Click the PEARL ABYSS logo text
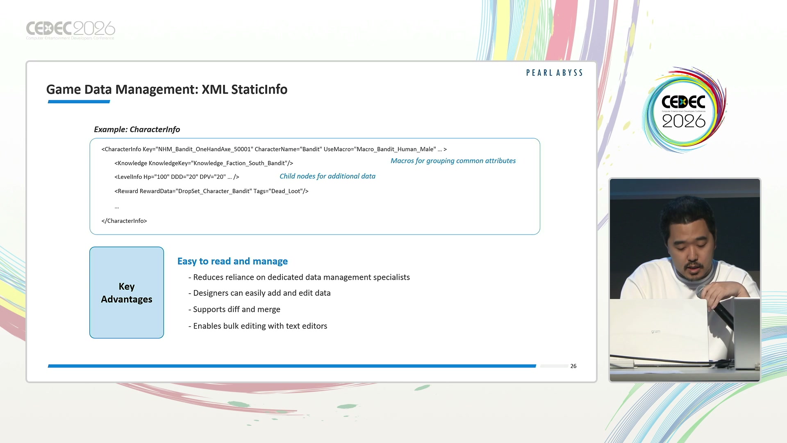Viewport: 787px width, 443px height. [x=554, y=73]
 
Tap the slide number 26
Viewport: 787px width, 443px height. [x=573, y=366]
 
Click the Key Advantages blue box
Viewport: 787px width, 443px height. [x=127, y=292]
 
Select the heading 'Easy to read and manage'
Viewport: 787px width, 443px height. [x=232, y=261]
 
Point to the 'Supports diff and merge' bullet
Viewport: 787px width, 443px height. [x=234, y=309]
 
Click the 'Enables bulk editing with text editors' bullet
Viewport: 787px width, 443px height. [x=258, y=326]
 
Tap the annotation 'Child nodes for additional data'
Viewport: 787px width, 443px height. [x=328, y=176]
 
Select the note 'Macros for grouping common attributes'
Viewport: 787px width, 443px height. [x=453, y=161]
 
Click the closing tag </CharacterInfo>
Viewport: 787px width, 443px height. [x=124, y=221]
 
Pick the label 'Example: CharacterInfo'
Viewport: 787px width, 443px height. [x=137, y=130]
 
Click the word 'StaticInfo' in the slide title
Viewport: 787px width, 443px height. [x=259, y=89]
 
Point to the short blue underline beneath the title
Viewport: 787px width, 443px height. [x=79, y=102]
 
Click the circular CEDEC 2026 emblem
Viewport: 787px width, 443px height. [x=684, y=110]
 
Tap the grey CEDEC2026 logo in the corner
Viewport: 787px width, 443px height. [x=71, y=30]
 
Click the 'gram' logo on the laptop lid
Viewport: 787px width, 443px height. [x=656, y=331]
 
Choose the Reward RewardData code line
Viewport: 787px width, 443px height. [x=212, y=191]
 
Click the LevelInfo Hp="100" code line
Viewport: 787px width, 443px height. [x=177, y=177]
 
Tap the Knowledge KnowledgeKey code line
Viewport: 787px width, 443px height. [x=204, y=163]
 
